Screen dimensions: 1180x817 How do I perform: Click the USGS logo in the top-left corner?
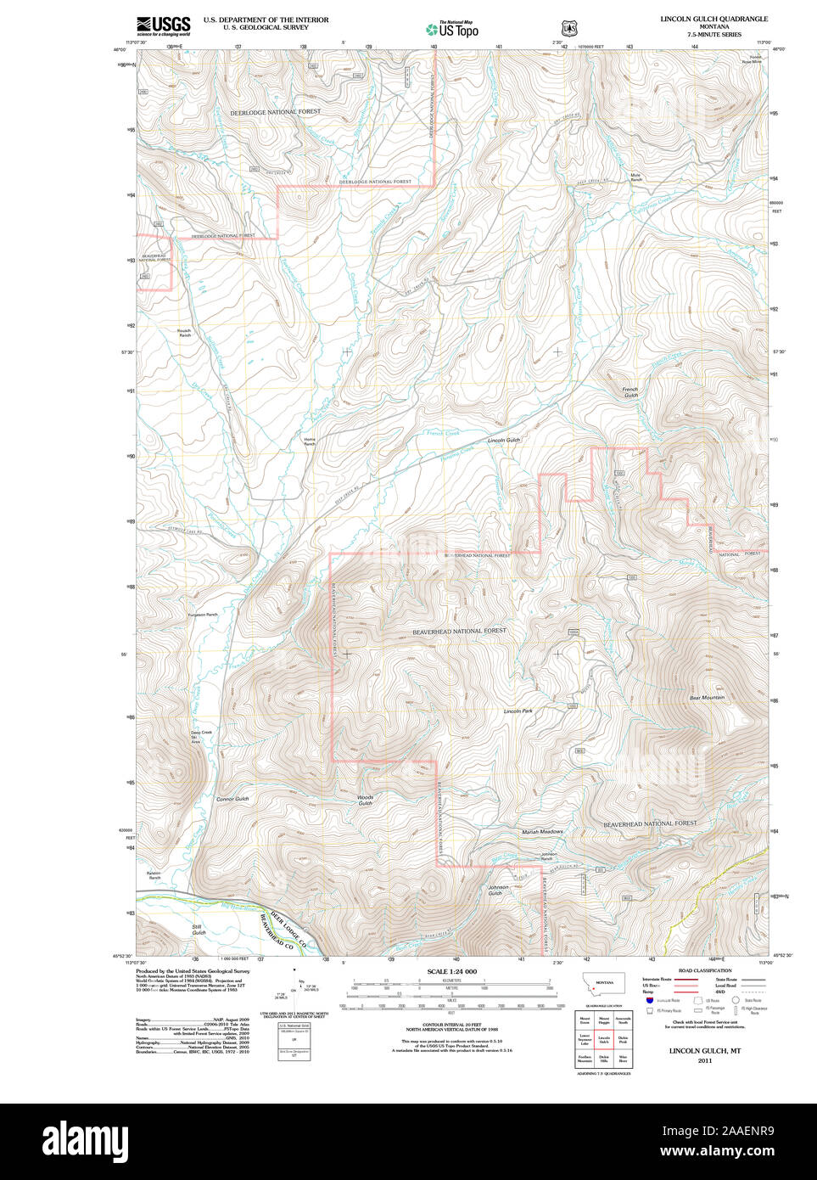click(x=163, y=25)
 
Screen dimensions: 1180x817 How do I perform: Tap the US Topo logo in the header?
click(x=453, y=29)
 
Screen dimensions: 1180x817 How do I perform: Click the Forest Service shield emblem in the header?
click(x=568, y=28)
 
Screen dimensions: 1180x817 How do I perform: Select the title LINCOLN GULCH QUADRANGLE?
click(x=713, y=19)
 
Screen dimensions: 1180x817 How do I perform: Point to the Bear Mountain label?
click(x=707, y=698)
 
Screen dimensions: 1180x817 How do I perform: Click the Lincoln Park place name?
click(x=518, y=711)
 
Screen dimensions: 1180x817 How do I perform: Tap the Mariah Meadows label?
click(x=542, y=832)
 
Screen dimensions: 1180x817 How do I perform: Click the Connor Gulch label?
click(x=232, y=799)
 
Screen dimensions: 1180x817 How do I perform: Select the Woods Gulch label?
click(x=365, y=801)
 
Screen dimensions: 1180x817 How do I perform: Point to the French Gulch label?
click(x=630, y=392)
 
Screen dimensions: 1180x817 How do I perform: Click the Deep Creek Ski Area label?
click(x=201, y=737)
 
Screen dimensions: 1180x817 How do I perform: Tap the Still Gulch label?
click(x=198, y=930)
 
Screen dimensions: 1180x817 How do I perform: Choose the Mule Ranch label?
click(x=635, y=177)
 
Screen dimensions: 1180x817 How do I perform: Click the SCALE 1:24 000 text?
click(x=451, y=971)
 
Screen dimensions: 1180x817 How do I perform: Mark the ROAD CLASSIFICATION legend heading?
click(x=704, y=970)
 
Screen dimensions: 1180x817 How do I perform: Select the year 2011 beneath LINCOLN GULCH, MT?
click(x=704, y=1060)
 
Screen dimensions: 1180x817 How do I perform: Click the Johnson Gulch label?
click(x=498, y=891)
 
